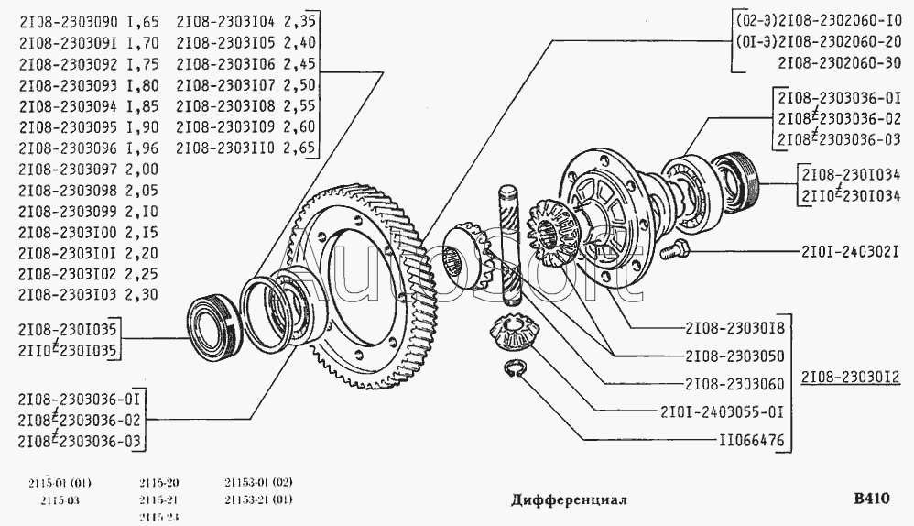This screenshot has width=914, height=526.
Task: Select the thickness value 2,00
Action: (x=142, y=169)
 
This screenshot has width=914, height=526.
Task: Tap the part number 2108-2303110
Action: (x=226, y=148)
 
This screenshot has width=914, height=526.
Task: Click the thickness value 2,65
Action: (x=300, y=148)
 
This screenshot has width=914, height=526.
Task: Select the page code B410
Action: (x=871, y=499)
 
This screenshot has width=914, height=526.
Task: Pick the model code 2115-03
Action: (x=60, y=500)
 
